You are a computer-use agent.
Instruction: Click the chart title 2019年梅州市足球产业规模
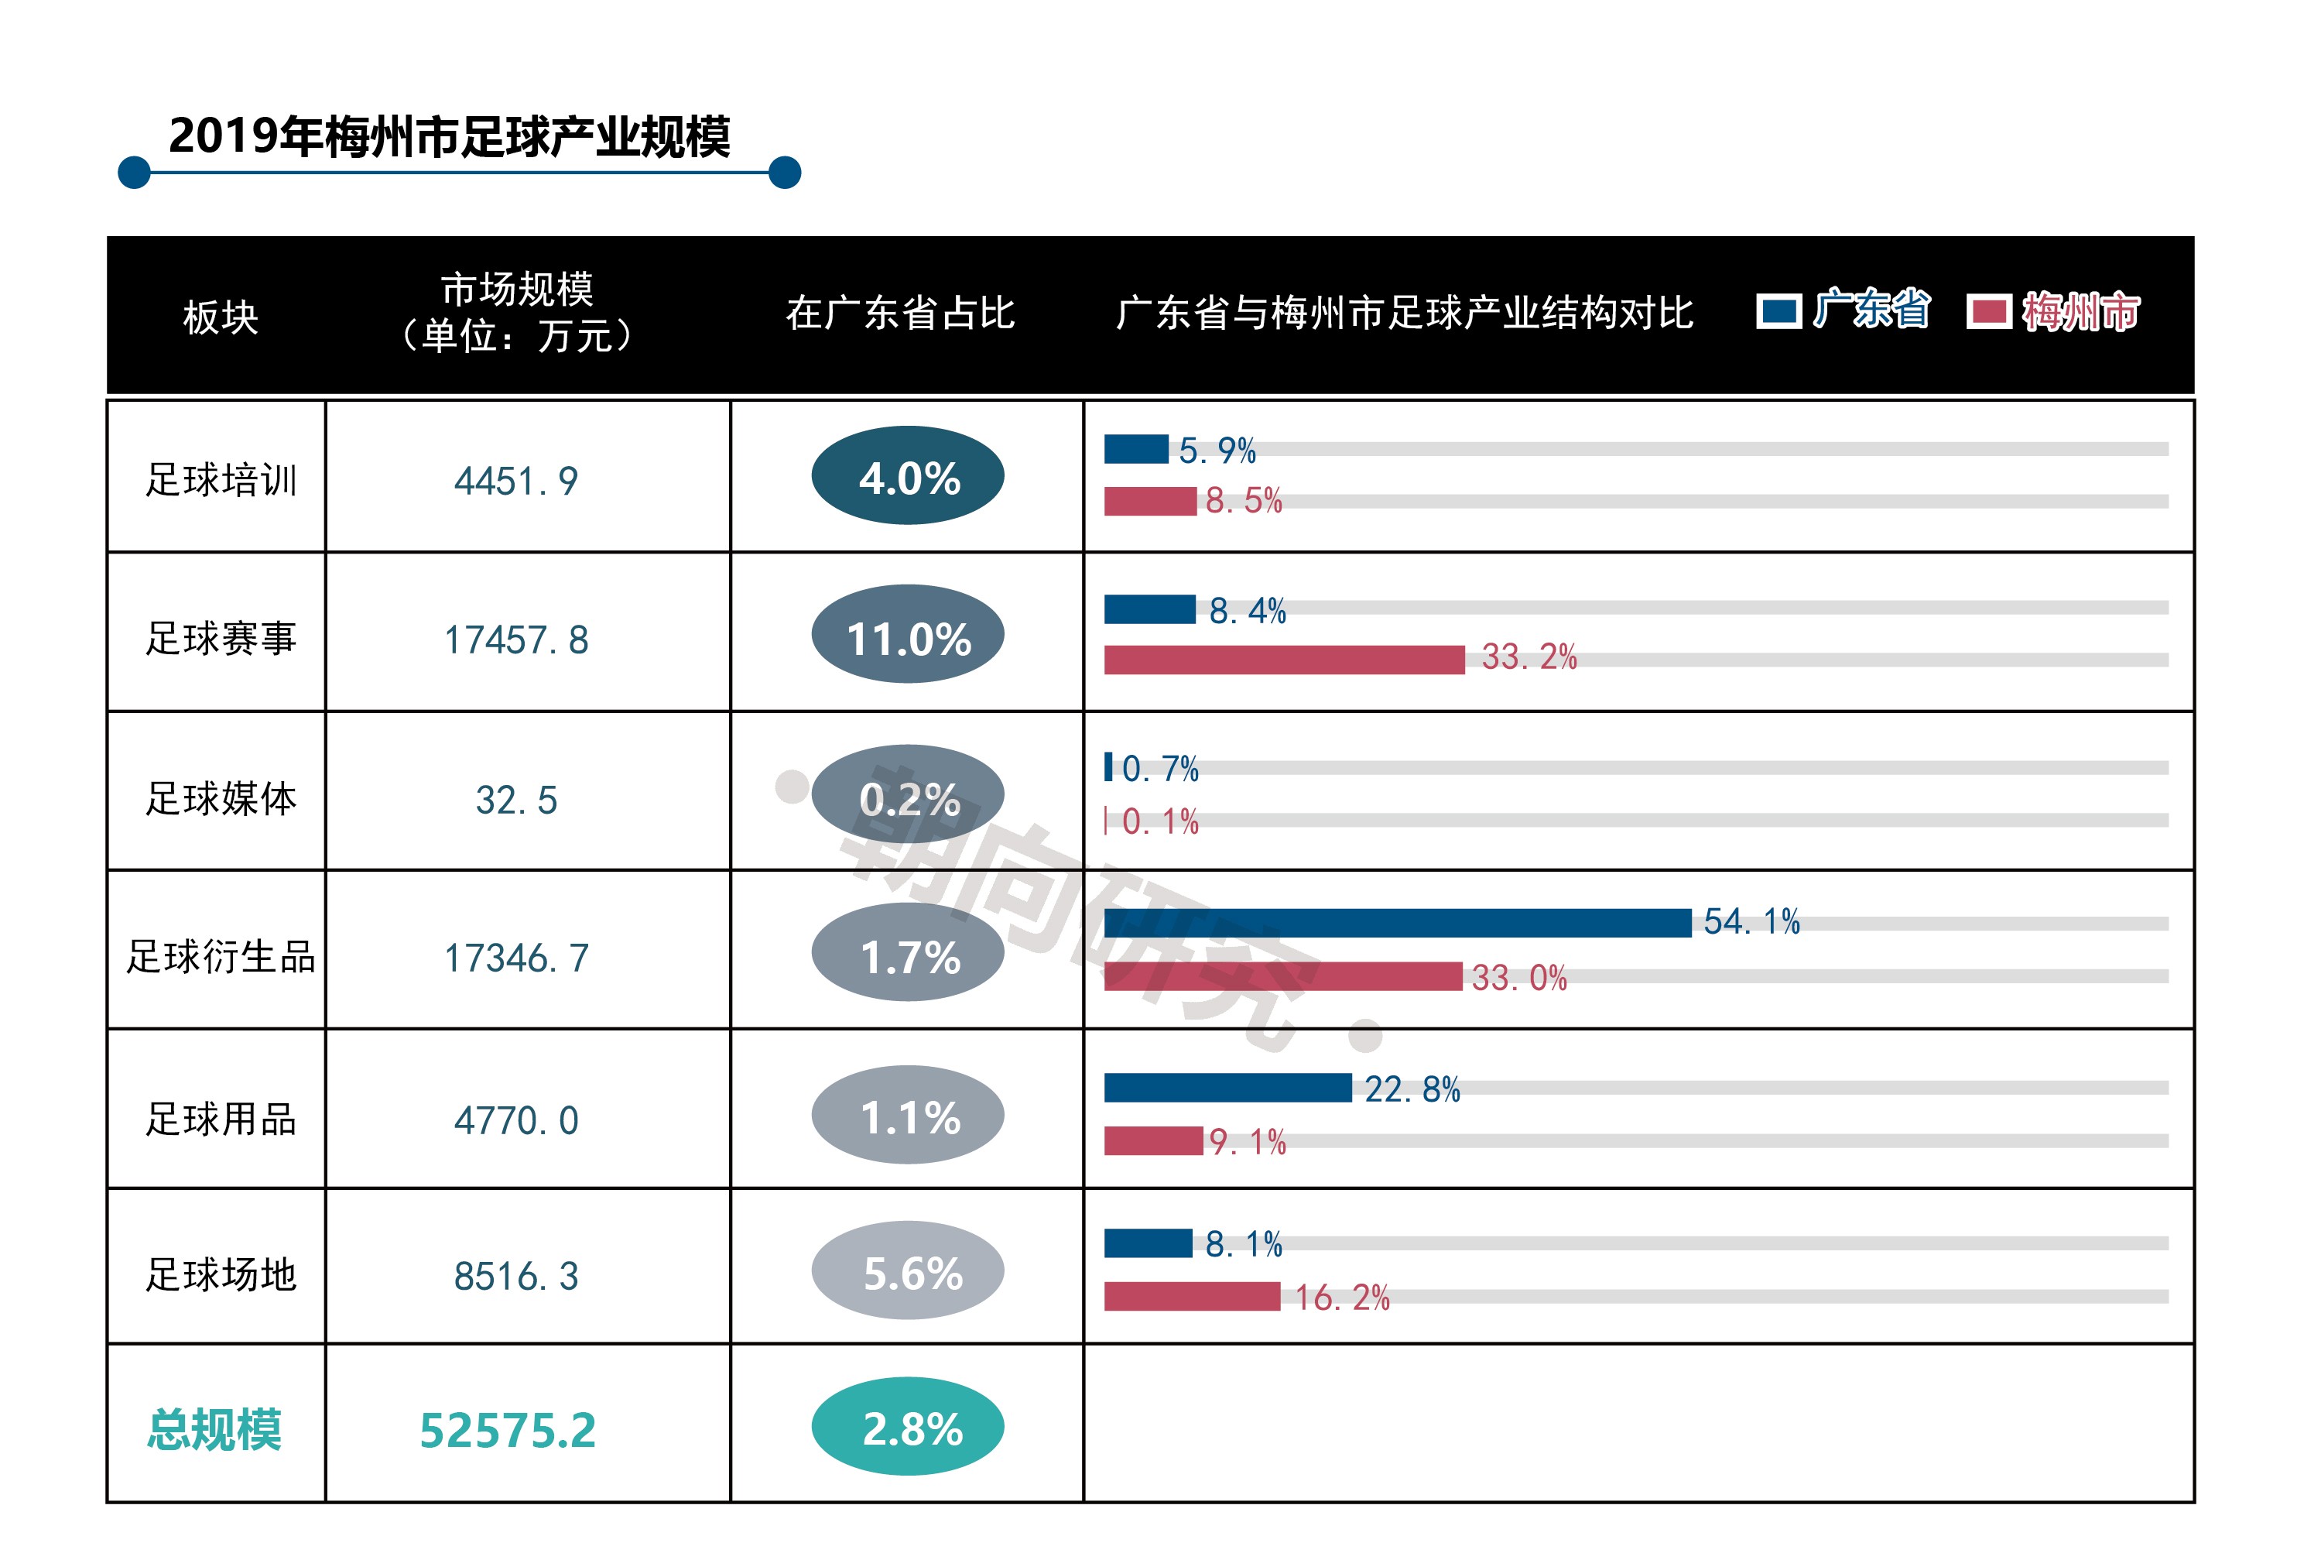(x=449, y=135)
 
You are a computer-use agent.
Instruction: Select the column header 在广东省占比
(x=899, y=314)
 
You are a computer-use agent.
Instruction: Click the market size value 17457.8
(x=515, y=639)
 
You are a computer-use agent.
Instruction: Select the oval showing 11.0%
(x=907, y=636)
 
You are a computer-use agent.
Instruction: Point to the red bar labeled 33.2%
(x=1283, y=660)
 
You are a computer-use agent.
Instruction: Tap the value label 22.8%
(x=1412, y=1089)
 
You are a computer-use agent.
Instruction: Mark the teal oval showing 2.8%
(x=907, y=1427)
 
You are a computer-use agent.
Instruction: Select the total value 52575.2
(x=508, y=1430)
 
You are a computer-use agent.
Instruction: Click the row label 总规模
(x=214, y=1430)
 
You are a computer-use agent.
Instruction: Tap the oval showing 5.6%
(x=907, y=1270)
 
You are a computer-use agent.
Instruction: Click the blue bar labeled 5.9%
(x=1135, y=449)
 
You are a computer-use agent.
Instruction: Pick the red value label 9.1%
(x=1246, y=1141)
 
